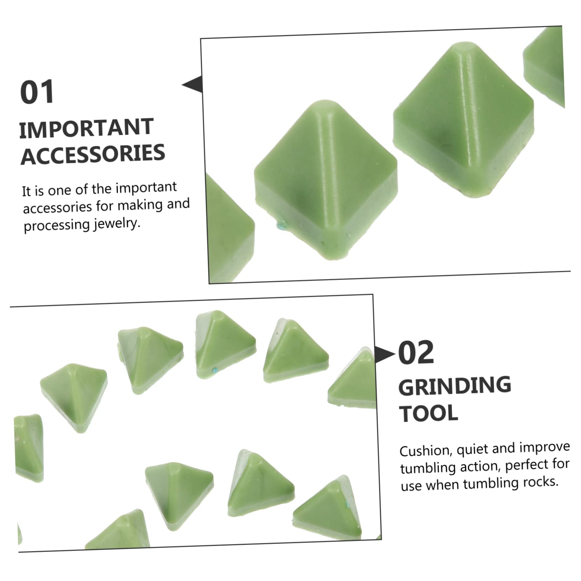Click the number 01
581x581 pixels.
37,92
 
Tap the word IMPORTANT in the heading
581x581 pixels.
86,128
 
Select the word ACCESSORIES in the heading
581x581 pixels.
93,154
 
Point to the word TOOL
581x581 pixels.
429,413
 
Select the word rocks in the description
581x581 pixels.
540,482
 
